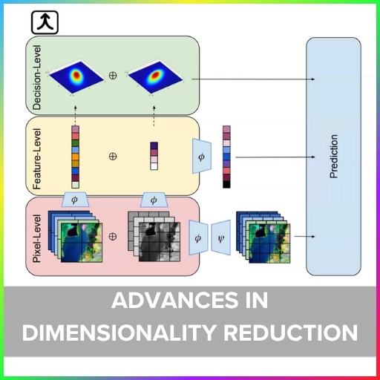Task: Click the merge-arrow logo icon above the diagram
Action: tap(45, 22)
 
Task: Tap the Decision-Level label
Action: tap(37, 77)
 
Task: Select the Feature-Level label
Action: tap(37, 159)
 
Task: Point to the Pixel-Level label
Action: tap(37, 238)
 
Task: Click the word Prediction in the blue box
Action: tap(334, 157)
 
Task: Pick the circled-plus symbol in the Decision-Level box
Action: tap(113, 76)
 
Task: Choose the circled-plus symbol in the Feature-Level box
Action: tap(113, 157)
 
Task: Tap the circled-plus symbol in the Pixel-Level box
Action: tap(113, 237)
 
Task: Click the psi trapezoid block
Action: tap(221, 237)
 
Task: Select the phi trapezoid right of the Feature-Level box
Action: tap(202, 156)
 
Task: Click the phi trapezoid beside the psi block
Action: tap(198, 237)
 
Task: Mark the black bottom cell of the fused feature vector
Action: tap(226, 185)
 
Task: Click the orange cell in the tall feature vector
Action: tap(76, 157)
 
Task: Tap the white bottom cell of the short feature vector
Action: tap(154, 166)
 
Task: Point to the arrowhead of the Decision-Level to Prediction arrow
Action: tap(313, 79)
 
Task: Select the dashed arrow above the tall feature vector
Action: tap(76, 116)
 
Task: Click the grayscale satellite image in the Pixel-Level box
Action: tap(160, 242)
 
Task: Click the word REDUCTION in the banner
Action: tap(291, 332)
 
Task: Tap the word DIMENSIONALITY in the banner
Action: tap(119, 332)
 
